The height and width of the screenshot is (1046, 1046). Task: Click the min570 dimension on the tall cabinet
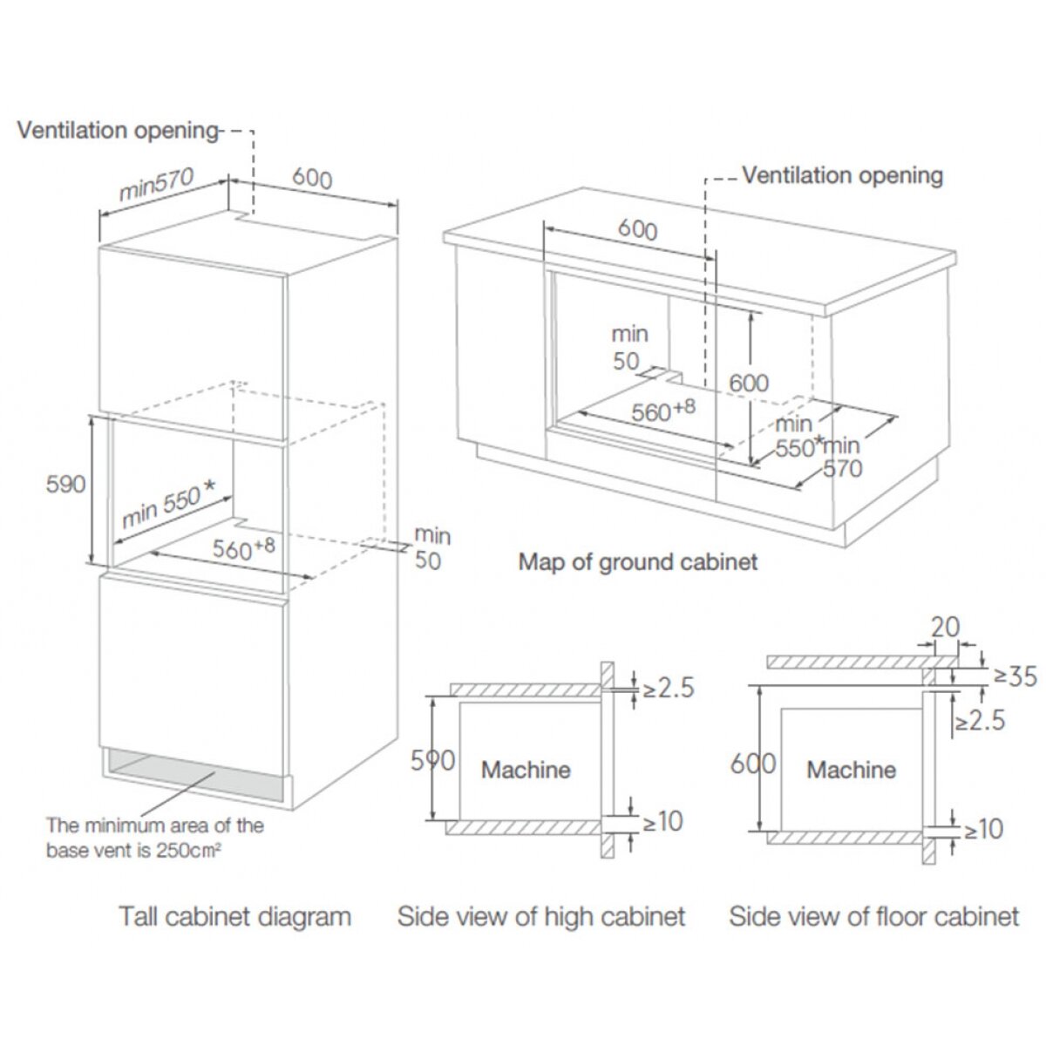pyautogui.click(x=156, y=185)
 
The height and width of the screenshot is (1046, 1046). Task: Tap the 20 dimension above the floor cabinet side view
pyautogui.click(x=945, y=626)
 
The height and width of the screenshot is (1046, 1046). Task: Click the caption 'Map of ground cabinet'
pyautogui.click(x=638, y=561)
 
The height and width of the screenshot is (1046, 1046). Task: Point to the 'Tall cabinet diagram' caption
pyautogui.click(x=235, y=917)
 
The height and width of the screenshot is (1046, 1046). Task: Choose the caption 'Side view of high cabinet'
pyautogui.click(x=541, y=917)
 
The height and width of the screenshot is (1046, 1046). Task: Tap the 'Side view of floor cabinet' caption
pyautogui.click(x=873, y=917)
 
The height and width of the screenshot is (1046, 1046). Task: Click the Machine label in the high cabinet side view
pyautogui.click(x=526, y=770)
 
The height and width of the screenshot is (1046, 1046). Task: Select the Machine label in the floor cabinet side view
pyautogui.click(x=852, y=770)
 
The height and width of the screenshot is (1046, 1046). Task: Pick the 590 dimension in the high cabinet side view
pyautogui.click(x=432, y=760)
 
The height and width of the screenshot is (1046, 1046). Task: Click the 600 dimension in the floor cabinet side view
pyautogui.click(x=753, y=763)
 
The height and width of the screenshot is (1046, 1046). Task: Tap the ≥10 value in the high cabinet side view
pyautogui.click(x=662, y=821)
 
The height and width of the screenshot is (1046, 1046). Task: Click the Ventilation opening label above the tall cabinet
pyautogui.click(x=118, y=131)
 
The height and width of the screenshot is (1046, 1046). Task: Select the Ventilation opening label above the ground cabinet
pyautogui.click(x=842, y=175)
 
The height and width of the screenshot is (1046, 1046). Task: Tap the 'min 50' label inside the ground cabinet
pyautogui.click(x=629, y=347)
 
